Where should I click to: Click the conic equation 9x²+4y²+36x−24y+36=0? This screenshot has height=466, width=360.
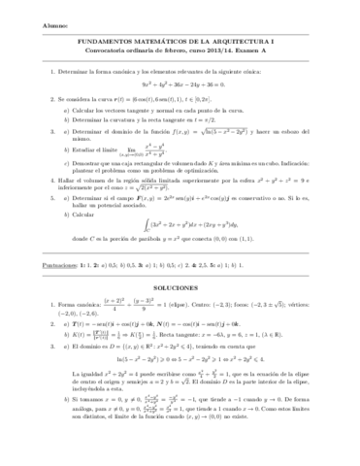[x=180, y=84]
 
